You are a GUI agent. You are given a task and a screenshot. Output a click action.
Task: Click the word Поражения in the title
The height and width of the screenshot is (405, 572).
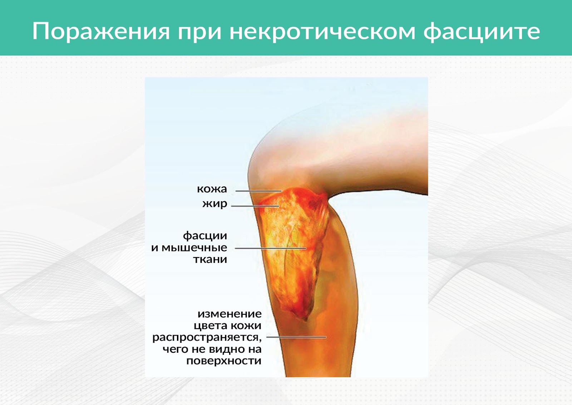(x=101, y=32)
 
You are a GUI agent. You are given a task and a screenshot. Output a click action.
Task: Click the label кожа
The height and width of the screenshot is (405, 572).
(x=212, y=189)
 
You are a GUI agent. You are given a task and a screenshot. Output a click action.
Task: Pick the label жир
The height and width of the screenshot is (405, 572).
(x=215, y=204)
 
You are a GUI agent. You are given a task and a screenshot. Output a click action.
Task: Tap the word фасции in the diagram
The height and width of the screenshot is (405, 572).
(x=205, y=236)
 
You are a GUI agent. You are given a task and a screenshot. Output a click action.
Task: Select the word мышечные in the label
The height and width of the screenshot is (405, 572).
(x=194, y=248)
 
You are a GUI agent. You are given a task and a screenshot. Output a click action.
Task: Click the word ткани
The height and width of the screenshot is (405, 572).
(x=210, y=259)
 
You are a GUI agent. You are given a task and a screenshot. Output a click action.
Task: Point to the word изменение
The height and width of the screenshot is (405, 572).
(x=230, y=314)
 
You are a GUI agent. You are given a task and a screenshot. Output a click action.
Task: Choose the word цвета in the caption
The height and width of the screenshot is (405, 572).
(x=211, y=326)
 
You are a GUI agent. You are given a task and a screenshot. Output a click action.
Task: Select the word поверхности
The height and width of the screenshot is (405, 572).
(x=224, y=361)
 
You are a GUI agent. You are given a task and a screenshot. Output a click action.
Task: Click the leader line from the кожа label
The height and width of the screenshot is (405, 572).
(x=258, y=191)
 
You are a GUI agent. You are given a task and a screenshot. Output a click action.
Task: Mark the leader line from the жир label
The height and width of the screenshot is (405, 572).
(x=255, y=206)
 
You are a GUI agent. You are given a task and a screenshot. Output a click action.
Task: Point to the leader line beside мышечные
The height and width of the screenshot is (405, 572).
(x=271, y=248)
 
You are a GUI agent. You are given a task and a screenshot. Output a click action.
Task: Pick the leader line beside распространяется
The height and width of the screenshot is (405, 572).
(x=296, y=337)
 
